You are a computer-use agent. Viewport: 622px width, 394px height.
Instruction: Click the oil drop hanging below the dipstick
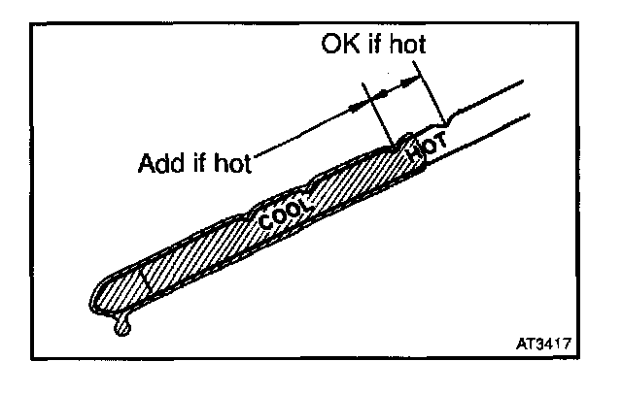click(x=121, y=328)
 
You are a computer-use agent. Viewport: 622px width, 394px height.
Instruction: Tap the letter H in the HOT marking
click(x=415, y=155)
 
